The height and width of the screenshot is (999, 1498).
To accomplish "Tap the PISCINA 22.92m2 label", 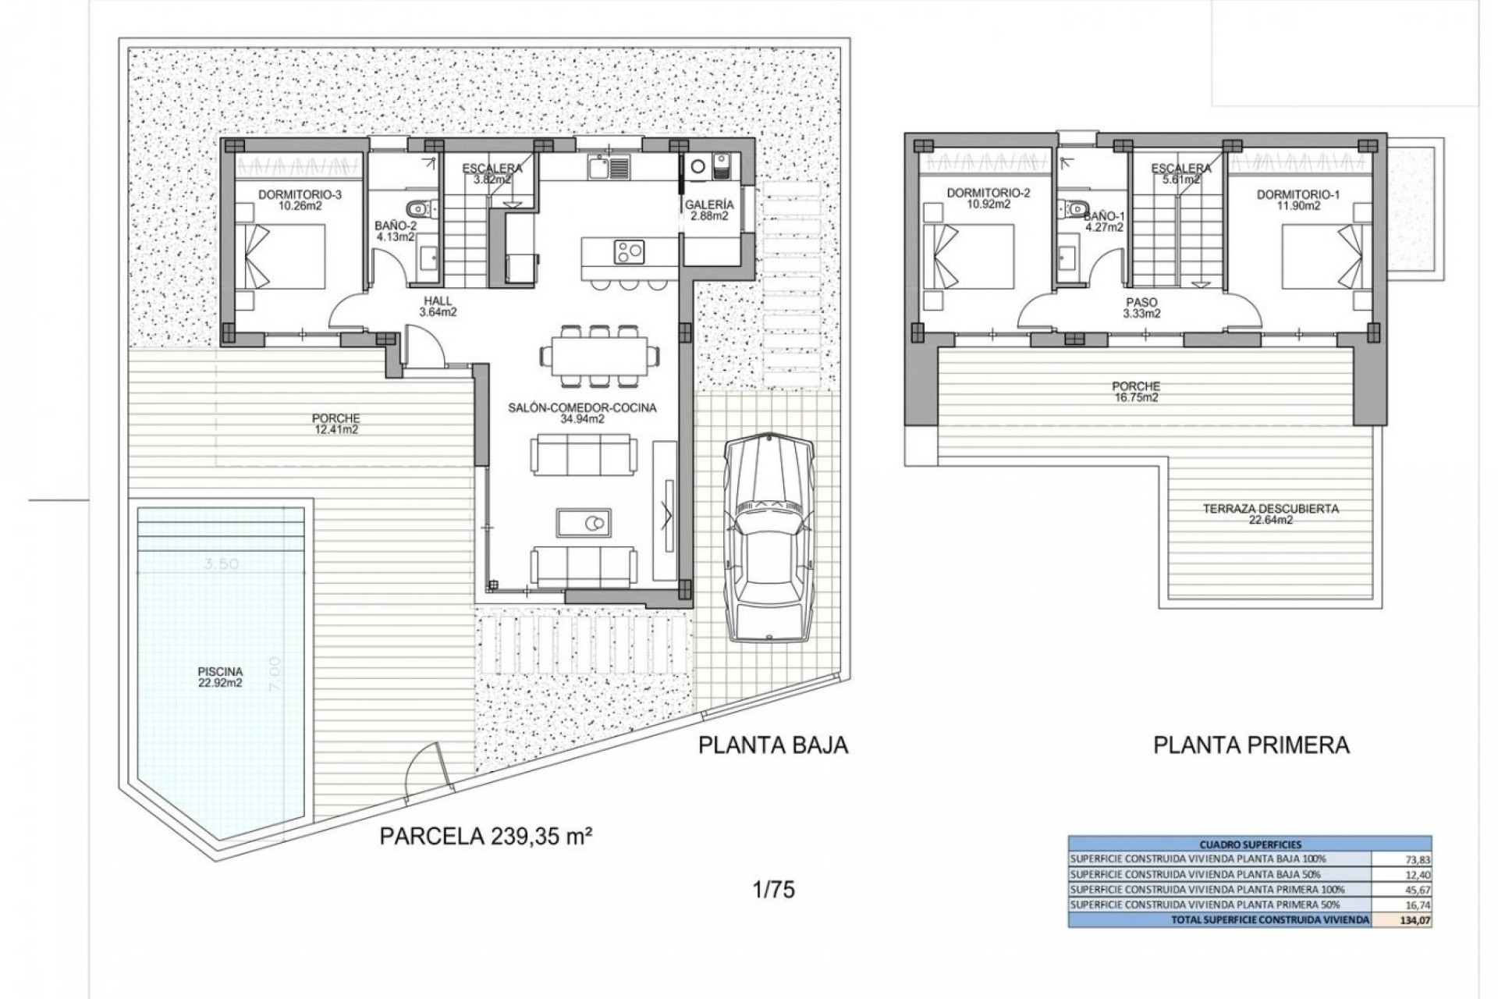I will coord(220,677).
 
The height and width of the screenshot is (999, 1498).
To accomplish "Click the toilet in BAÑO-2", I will coord(422,208).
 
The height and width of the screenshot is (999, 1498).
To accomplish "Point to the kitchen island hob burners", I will coord(630,251).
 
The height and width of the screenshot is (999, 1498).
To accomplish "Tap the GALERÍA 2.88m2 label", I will coord(708,211).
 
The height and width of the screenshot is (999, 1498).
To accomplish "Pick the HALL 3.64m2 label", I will coord(438,307).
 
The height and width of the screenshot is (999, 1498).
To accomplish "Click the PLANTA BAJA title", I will coord(772,745).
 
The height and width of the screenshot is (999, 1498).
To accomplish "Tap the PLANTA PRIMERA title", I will coord(1251,745).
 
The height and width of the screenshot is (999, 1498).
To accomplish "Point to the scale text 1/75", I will coord(774,889).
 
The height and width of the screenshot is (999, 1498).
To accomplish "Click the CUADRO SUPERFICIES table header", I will coord(1249,844).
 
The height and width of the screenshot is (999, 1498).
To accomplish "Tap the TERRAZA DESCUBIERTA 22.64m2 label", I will coord(1259,514).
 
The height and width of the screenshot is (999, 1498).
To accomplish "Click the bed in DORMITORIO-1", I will coord(1326,258).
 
